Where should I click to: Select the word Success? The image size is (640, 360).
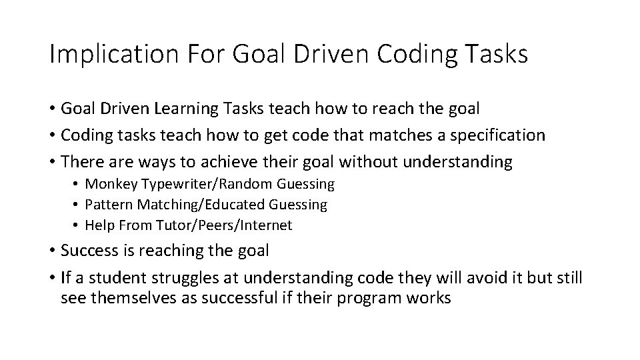coord(86,251)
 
